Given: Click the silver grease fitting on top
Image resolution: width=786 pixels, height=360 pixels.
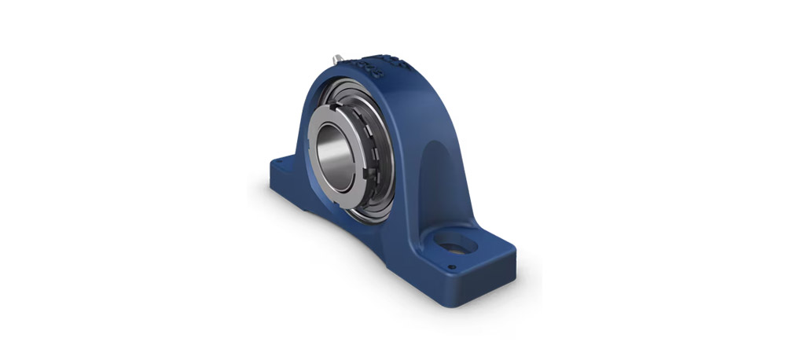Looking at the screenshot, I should pos(336,58).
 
